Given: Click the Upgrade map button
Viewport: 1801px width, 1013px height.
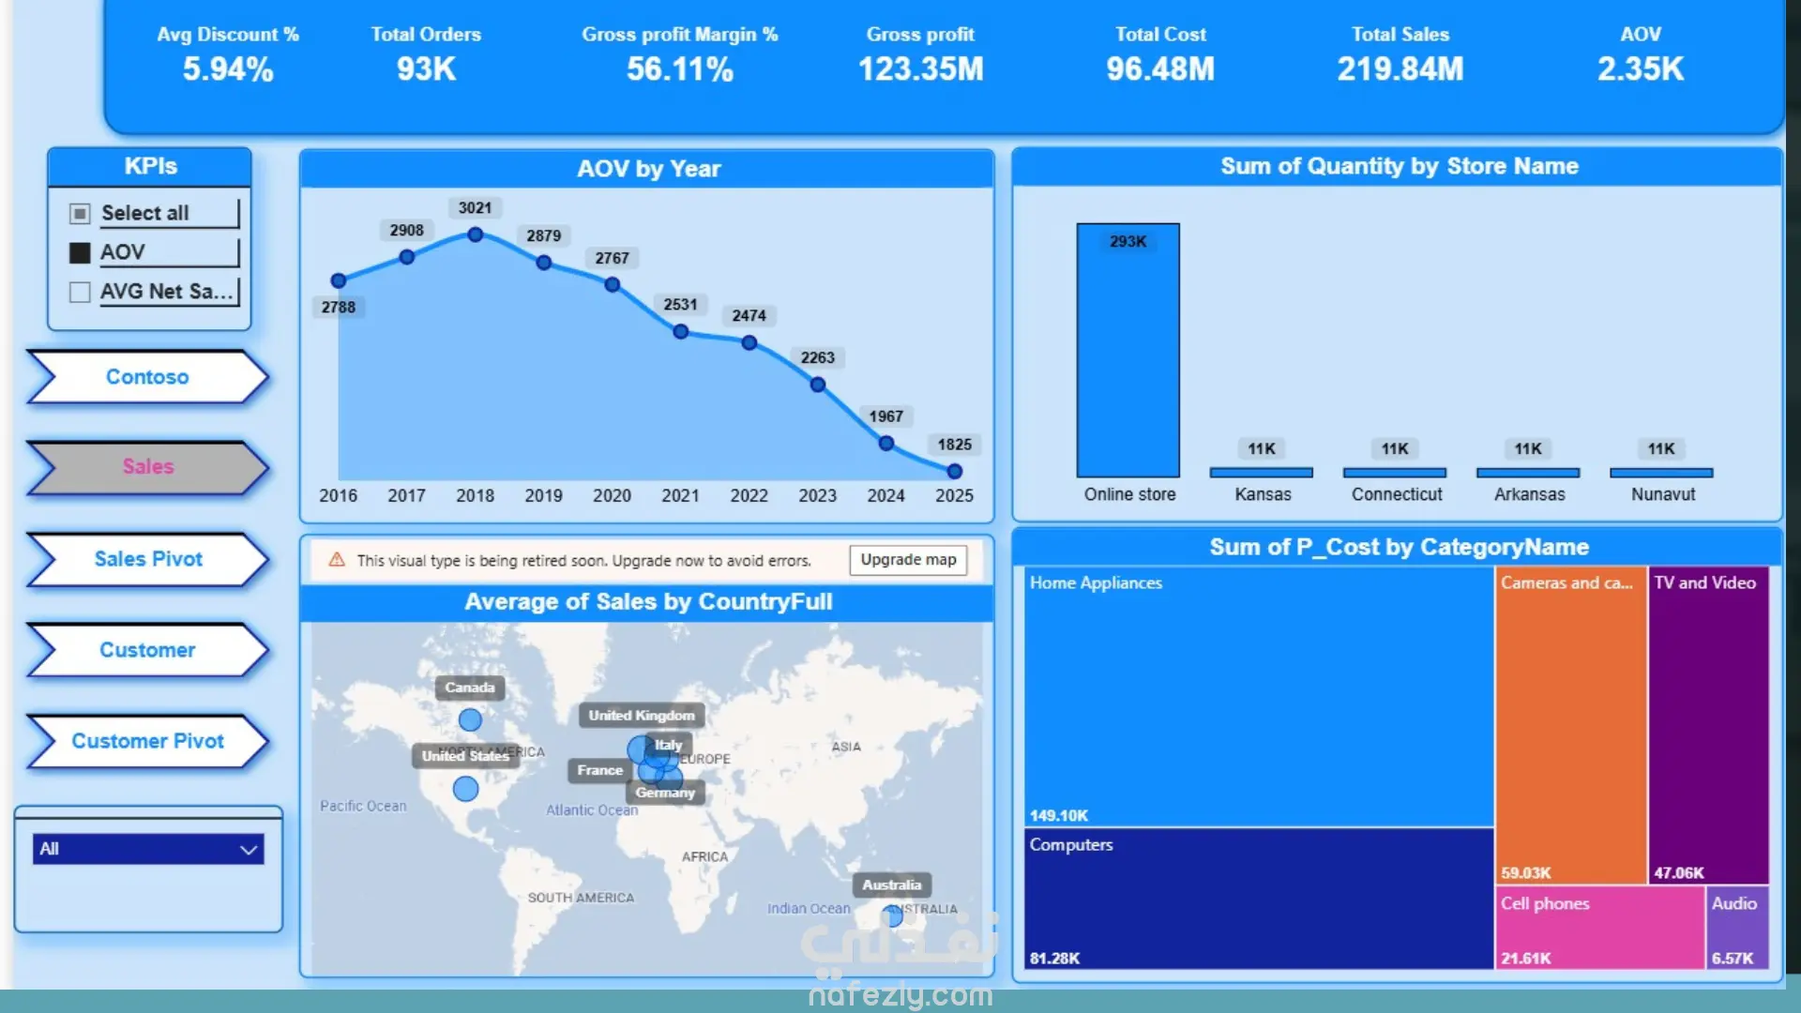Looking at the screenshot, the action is click(908, 560).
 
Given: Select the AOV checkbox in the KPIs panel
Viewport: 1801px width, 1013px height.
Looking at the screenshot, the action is click(80, 252).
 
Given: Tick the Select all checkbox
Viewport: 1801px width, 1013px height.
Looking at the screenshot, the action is click(80, 214).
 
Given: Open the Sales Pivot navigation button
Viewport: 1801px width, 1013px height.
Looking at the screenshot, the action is click(148, 559).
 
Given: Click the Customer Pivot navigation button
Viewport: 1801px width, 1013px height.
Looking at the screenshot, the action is click(148, 741).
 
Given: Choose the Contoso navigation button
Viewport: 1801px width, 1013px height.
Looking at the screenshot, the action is click(148, 377).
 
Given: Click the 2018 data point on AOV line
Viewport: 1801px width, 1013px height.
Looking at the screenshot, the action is click(476, 234).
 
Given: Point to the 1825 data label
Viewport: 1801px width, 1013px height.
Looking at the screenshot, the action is click(954, 445).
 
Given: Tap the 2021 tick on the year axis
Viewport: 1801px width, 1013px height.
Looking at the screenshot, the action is click(680, 495).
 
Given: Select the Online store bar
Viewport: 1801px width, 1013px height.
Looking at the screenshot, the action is click(1128, 350).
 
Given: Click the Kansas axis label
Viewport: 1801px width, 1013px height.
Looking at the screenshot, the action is click(1263, 494).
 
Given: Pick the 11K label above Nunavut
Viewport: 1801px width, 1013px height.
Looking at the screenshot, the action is click(1661, 448).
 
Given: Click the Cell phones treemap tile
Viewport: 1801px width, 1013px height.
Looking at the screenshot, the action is click(1600, 928).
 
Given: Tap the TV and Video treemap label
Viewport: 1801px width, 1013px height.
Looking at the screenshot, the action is click(1704, 582).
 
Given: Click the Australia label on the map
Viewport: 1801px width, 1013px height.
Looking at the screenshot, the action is click(891, 884).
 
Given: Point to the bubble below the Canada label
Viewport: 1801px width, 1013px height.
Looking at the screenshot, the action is click(470, 719).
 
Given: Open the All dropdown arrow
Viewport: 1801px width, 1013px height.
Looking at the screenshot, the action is click(249, 850).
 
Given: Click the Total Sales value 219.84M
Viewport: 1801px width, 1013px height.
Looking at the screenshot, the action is click(1400, 68).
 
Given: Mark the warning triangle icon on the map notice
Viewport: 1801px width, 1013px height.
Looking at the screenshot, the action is click(337, 560).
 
